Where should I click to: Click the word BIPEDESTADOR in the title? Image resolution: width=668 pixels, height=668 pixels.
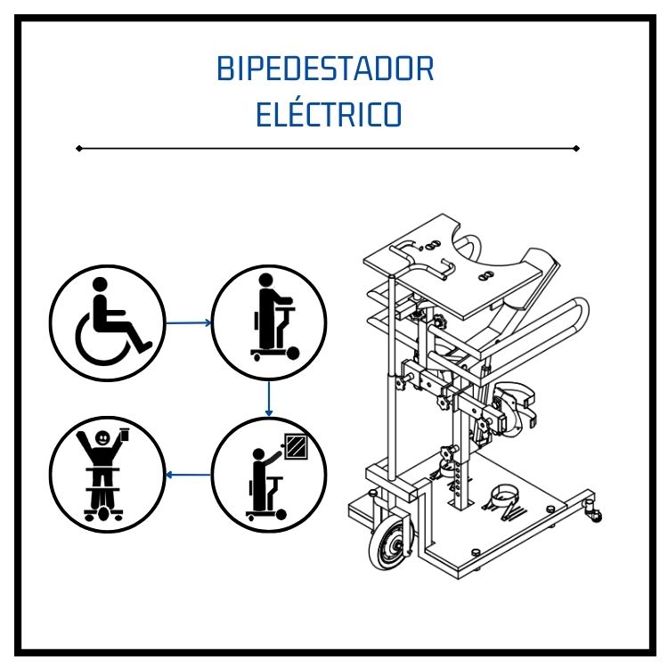tap(325, 69)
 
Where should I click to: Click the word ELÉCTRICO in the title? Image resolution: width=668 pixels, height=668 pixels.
tap(329, 114)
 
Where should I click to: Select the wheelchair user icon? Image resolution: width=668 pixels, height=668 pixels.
tap(108, 323)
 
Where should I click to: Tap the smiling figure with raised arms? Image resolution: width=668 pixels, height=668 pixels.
tap(108, 475)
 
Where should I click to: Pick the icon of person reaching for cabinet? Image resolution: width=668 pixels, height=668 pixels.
tap(269, 475)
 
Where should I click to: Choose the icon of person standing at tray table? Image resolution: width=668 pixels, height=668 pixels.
tap(269, 323)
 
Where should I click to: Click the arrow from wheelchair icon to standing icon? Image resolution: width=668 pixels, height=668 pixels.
tap(188, 323)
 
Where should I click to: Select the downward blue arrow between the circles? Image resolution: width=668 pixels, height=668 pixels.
tap(268, 399)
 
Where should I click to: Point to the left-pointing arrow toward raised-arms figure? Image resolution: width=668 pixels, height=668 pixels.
tap(188, 475)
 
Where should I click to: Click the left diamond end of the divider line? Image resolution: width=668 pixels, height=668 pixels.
tap(78, 148)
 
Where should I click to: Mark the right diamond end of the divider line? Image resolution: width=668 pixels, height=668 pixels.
tap(576, 148)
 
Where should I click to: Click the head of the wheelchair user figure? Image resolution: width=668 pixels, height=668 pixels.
tap(100, 284)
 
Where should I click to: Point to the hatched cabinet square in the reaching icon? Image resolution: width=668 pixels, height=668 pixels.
tap(296, 446)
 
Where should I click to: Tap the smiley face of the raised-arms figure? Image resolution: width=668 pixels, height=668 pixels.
tap(102, 437)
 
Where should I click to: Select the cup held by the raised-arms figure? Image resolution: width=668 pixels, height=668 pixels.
tap(125, 434)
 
